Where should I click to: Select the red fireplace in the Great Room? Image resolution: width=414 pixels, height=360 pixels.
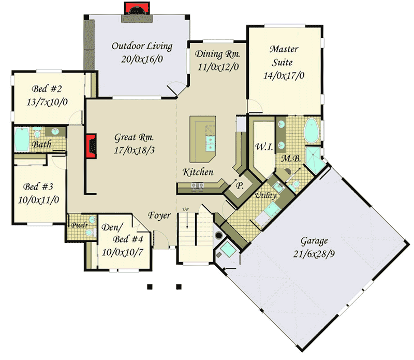click(x=91, y=145)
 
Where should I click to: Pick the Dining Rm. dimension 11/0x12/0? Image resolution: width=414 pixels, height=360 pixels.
click(x=218, y=66)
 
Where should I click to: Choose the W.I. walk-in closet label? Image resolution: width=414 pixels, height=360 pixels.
click(x=261, y=147)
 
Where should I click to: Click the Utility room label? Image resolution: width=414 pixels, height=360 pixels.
click(x=265, y=195)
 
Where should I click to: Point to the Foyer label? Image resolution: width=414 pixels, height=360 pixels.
click(x=159, y=215)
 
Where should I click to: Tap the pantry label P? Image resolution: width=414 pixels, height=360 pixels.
click(x=240, y=185)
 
